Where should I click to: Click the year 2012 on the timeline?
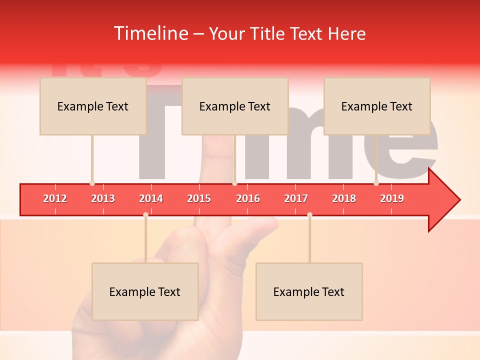pos(55,198)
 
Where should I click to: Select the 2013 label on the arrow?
pos(103,198)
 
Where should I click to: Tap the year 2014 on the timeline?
pos(151,198)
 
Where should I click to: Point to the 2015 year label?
pos(199,198)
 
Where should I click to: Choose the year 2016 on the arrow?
pos(248,198)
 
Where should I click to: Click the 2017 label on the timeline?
pos(296,198)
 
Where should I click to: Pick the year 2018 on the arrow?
pos(344,198)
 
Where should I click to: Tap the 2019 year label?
pos(392,198)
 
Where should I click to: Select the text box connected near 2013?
pos(93,106)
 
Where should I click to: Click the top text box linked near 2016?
pos(235,106)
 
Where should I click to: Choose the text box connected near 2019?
pos(377,106)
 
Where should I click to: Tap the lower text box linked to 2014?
pos(145,291)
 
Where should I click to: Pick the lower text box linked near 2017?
pos(309,291)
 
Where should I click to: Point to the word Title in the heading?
pos(268,33)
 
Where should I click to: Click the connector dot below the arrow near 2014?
pos(145,214)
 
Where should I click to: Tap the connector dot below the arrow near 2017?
pos(309,214)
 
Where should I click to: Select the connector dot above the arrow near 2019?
pos(376,183)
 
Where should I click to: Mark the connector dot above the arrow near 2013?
pos(92,183)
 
